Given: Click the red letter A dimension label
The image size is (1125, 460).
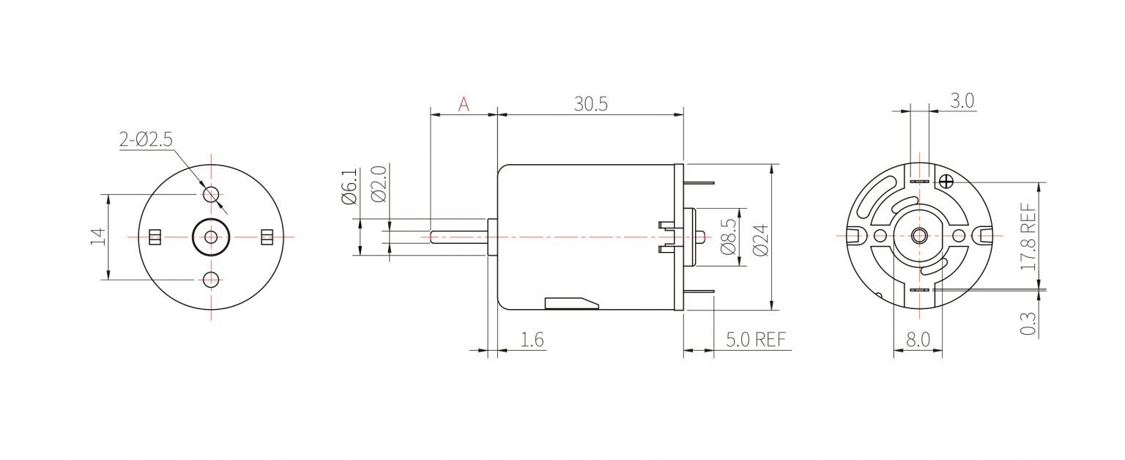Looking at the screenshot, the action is (x=464, y=105).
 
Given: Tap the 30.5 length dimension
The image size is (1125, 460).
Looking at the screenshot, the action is (x=590, y=104).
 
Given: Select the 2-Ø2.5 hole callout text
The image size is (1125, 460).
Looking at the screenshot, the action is (x=146, y=139).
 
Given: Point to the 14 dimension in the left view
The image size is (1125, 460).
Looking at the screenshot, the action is (x=98, y=237).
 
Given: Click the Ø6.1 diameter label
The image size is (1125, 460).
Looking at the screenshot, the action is (x=349, y=186).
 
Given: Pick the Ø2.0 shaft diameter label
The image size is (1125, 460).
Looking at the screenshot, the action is (x=379, y=184).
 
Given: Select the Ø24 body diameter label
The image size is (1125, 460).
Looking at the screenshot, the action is (x=761, y=240).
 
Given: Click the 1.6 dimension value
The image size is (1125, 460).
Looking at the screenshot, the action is (x=532, y=340).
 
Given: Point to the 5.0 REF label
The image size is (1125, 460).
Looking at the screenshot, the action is (x=756, y=340).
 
